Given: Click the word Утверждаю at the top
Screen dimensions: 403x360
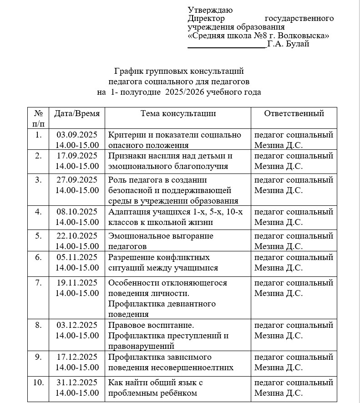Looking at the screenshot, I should click(210, 10).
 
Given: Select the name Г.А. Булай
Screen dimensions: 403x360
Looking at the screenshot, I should click(289, 44).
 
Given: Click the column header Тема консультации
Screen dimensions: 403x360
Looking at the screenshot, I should click(178, 113).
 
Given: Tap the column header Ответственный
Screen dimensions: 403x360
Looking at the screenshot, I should click(294, 113).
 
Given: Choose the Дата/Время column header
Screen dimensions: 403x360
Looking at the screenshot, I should click(76, 113).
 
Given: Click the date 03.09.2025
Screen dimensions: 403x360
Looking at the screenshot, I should click(77, 135).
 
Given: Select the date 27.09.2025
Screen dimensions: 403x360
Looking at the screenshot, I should click(77, 179).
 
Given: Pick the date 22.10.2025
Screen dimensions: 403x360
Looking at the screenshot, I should click(77, 235).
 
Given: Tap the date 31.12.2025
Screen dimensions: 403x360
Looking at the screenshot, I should click(77, 382).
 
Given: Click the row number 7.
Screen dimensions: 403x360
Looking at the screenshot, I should click(38, 283).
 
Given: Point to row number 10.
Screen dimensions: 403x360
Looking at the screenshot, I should click(38, 382).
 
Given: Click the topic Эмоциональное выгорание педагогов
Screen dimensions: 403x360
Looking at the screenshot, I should click(161, 241).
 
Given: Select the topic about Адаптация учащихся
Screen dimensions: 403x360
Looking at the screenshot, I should click(175, 217).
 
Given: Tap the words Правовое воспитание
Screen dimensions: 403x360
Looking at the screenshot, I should click(151, 325).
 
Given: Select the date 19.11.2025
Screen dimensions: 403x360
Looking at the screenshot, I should click(77, 283).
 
